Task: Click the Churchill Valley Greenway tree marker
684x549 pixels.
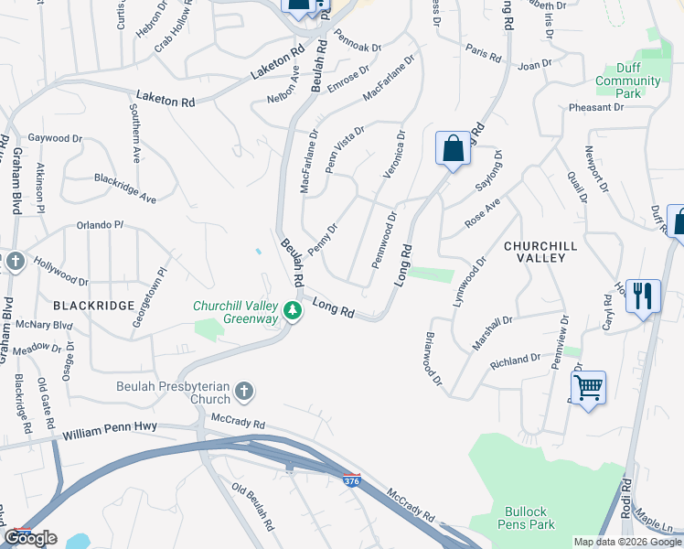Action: pyautogui.click(x=293, y=312)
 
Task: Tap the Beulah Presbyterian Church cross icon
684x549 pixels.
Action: pyautogui.click(x=243, y=392)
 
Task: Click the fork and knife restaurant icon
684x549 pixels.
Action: pyautogui.click(x=644, y=296)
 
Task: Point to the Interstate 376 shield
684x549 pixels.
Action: pyautogui.click(x=351, y=480)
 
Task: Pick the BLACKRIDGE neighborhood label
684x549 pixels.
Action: pyautogui.click(x=94, y=305)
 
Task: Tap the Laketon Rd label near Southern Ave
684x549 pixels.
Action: pyautogui.click(x=166, y=98)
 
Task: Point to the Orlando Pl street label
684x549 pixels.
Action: pyautogui.click(x=100, y=224)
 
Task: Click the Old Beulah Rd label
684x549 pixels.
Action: pyautogui.click(x=253, y=508)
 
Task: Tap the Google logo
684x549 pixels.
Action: pyautogui.click(x=30, y=538)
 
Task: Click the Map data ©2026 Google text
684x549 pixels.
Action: pyautogui.click(x=627, y=542)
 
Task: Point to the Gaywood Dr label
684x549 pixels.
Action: pyautogui.click(x=56, y=138)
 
